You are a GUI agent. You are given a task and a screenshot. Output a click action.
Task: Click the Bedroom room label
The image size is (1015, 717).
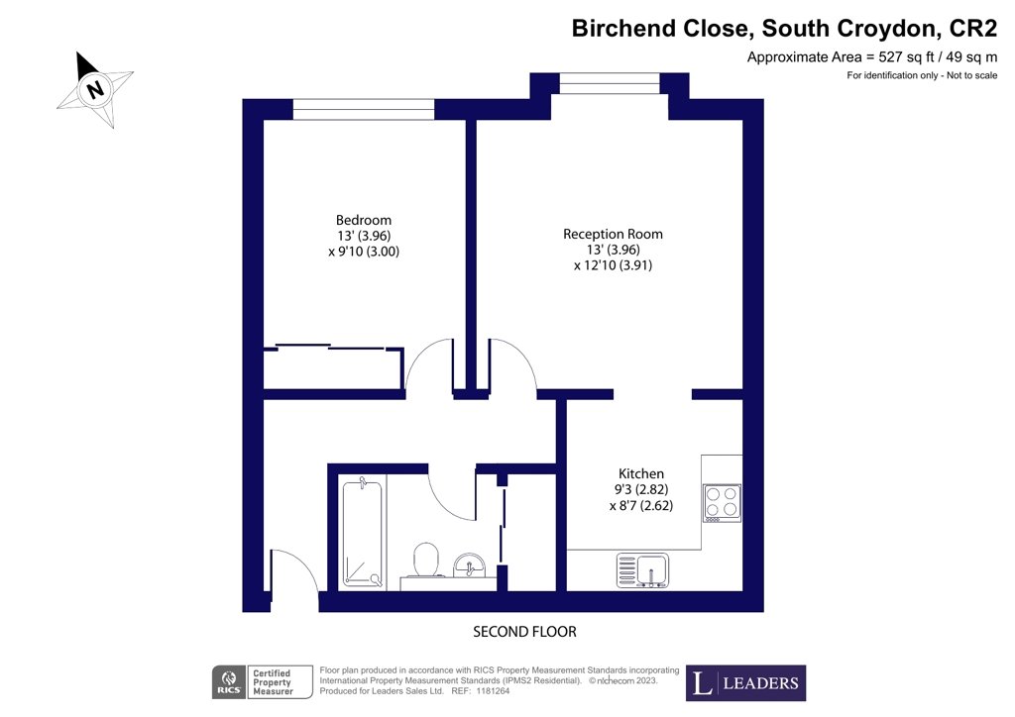(x=363, y=221)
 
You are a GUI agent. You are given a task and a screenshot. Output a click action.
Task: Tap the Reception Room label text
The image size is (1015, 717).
(x=613, y=234)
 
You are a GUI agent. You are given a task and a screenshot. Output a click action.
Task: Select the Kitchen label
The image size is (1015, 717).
(x=641, y=474)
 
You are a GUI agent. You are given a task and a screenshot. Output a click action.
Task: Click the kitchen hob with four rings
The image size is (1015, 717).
(x=722, y=503)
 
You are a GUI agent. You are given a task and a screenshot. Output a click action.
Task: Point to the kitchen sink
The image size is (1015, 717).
(x=642, y=570)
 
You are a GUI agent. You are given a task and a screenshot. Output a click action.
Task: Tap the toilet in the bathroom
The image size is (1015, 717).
(x=426, y=560)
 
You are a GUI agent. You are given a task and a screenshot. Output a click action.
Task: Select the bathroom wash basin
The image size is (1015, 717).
(x=469, y=565)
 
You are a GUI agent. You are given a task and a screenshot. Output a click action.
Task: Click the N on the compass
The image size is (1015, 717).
(x=96, y=88)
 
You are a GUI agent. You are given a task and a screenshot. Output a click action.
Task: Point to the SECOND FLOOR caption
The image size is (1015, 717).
(x=524, y=632)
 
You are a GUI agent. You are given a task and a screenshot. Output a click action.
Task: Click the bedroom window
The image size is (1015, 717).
(x=363, y=109)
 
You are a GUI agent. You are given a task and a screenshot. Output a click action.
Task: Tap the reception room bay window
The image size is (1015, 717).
(x=610, y=83)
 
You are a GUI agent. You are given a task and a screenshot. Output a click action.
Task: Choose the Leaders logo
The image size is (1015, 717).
(x=745, y=682)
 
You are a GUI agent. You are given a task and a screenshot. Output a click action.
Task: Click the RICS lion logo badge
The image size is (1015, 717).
(x=229, y=682)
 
